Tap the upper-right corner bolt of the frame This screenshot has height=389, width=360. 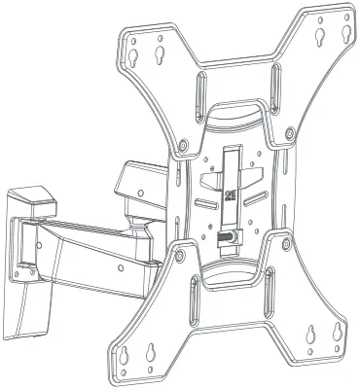point(291,132)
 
